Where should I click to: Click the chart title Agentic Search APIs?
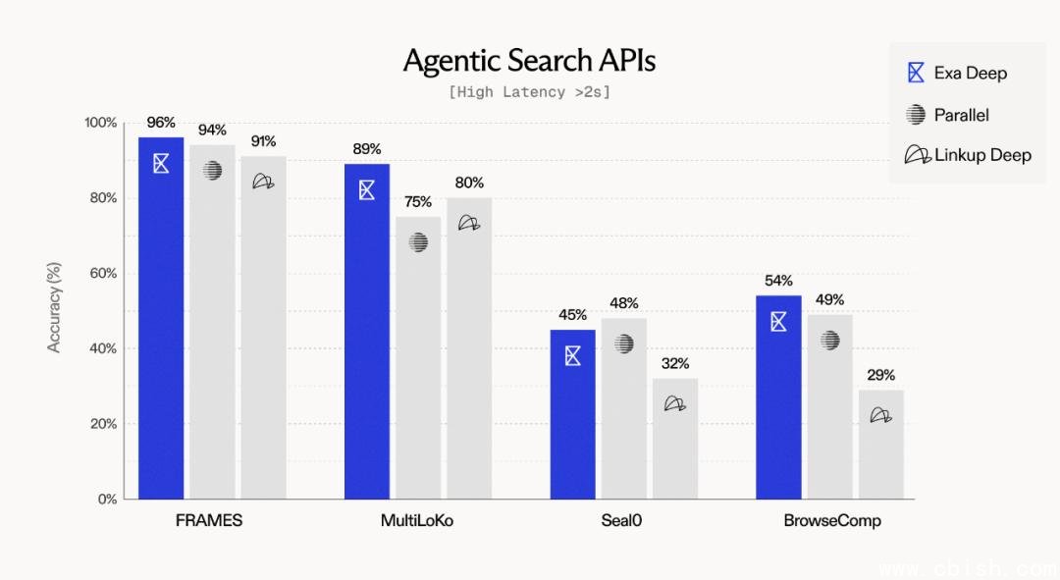pos(529,61)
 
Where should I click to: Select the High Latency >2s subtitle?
pos(529,92)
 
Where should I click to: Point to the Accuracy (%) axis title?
pos(55,307)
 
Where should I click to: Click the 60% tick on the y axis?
pos(102,273)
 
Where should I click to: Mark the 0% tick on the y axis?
pos(106,499)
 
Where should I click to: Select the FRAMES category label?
pos(209,520)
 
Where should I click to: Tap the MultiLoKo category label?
pos(416,520)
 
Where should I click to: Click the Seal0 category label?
pos(621,520)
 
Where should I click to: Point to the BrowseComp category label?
pos(831,520)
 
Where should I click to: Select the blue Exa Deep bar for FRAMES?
pos(161,324)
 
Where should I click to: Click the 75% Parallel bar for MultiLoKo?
pos(419,363)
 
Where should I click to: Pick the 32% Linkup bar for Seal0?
pos(675,442)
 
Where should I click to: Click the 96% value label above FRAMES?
pos(161,123)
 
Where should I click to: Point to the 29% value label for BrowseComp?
pos(881,375)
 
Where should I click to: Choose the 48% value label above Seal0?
pos(624,303)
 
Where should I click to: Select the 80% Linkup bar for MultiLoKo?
pos(469,353)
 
